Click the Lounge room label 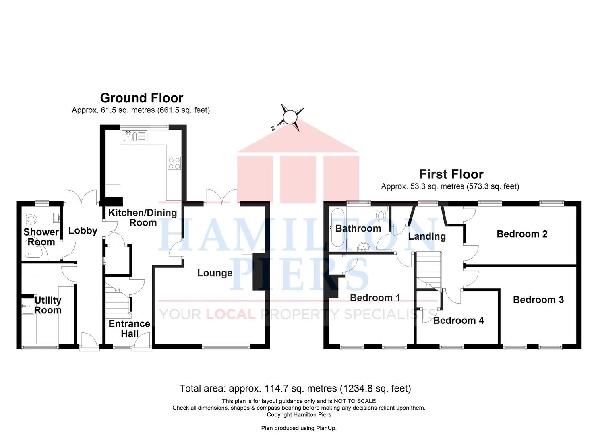(215, 273)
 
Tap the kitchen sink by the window (134, 137)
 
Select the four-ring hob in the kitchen (174, 163)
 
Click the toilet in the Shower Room (29, 220)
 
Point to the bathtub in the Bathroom (337, 228)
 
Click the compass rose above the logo (290, 117)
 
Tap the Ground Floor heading (142, 98)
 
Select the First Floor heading (451, 174)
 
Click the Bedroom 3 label (538, 300)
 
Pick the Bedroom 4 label (458, 320)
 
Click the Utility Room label (48, 305)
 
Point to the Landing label (427, 236)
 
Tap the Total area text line (295, 389)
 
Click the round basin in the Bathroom (363, 247)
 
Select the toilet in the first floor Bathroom (380, 213)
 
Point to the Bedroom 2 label (522, 234)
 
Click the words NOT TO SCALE (355, 401)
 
